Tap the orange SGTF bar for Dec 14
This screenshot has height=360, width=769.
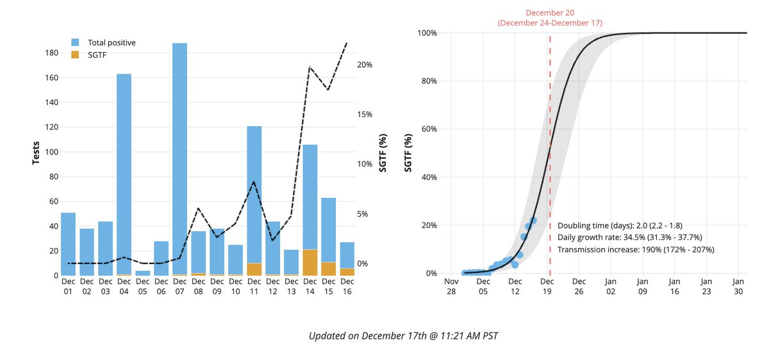(310, 263)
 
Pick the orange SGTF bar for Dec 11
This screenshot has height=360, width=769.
(254, 269)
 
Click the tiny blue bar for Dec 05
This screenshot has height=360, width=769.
(142, 273)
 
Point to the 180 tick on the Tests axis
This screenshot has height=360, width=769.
(49, 53)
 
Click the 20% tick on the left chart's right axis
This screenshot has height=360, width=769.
(365, 65)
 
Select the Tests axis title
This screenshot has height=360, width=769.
(36, 152)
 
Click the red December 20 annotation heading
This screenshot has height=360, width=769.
(550, 12)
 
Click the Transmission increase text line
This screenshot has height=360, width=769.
(636, 249)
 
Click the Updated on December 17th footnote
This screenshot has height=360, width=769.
(403, 336)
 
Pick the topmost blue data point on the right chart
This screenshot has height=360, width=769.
(533, 220)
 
